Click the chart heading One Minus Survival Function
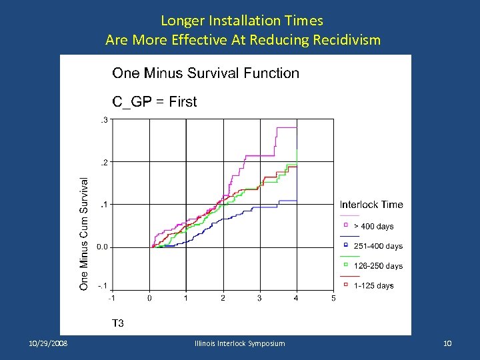pyautogui.click(x=205, y=73)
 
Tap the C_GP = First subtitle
pyautogui.click(x=154, y=102)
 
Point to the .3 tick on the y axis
pyautogui.click(x=103, y=119)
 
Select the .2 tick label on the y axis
pyautogui.click(x=103, y=162)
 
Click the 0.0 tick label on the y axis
pyautogui.click(x=102, y=247)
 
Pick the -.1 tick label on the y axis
pyautogui.click(x=102, y=286)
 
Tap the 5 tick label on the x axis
pyautogui.click(x=333, y=298)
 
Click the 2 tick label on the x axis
pyautogui.click(x=223, y=298)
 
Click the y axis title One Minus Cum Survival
pyautogui.click(x=85, y=233)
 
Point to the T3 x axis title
pyautogui.click(x=117, y=323)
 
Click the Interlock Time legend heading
pyautogui.click(x=371, y=205)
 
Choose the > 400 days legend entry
pyautogui.click(x=373, y=227)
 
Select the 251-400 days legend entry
pyautogui.click(x=378, y=246)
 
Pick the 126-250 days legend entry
pyautogui.click(x=378, y=266)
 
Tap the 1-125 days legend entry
pyautogui.click(x=373, y=285)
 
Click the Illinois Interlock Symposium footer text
pyautogui.click(x=239, y=343)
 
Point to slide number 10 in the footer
pyautogui.click(x=447, y=343)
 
